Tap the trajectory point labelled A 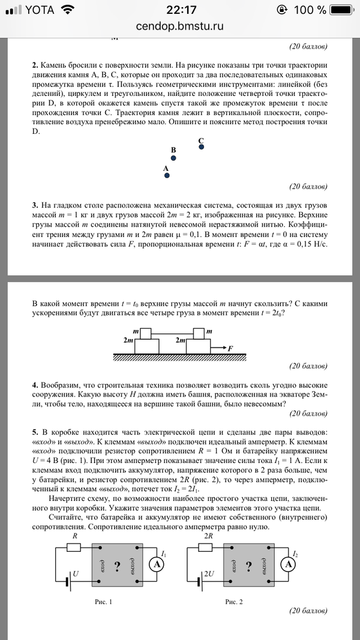[x=167, y=176]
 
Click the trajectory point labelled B [x=173, y=158]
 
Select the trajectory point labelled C [x=201, y=146]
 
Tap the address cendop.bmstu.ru [x=180, y=26]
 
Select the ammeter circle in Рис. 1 [x=155, y=564]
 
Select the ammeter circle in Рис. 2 [x=288, y=564]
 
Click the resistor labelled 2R [x=207, y=548]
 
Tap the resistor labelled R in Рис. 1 [x=74, y=548]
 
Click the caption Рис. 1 [x=103, y=600]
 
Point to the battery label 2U [x=209, y=574]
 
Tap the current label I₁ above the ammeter [x=164, y=553]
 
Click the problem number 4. [x=35, y=384]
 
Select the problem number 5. [x=35, y=432]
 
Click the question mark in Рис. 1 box [x=116, y=565]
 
